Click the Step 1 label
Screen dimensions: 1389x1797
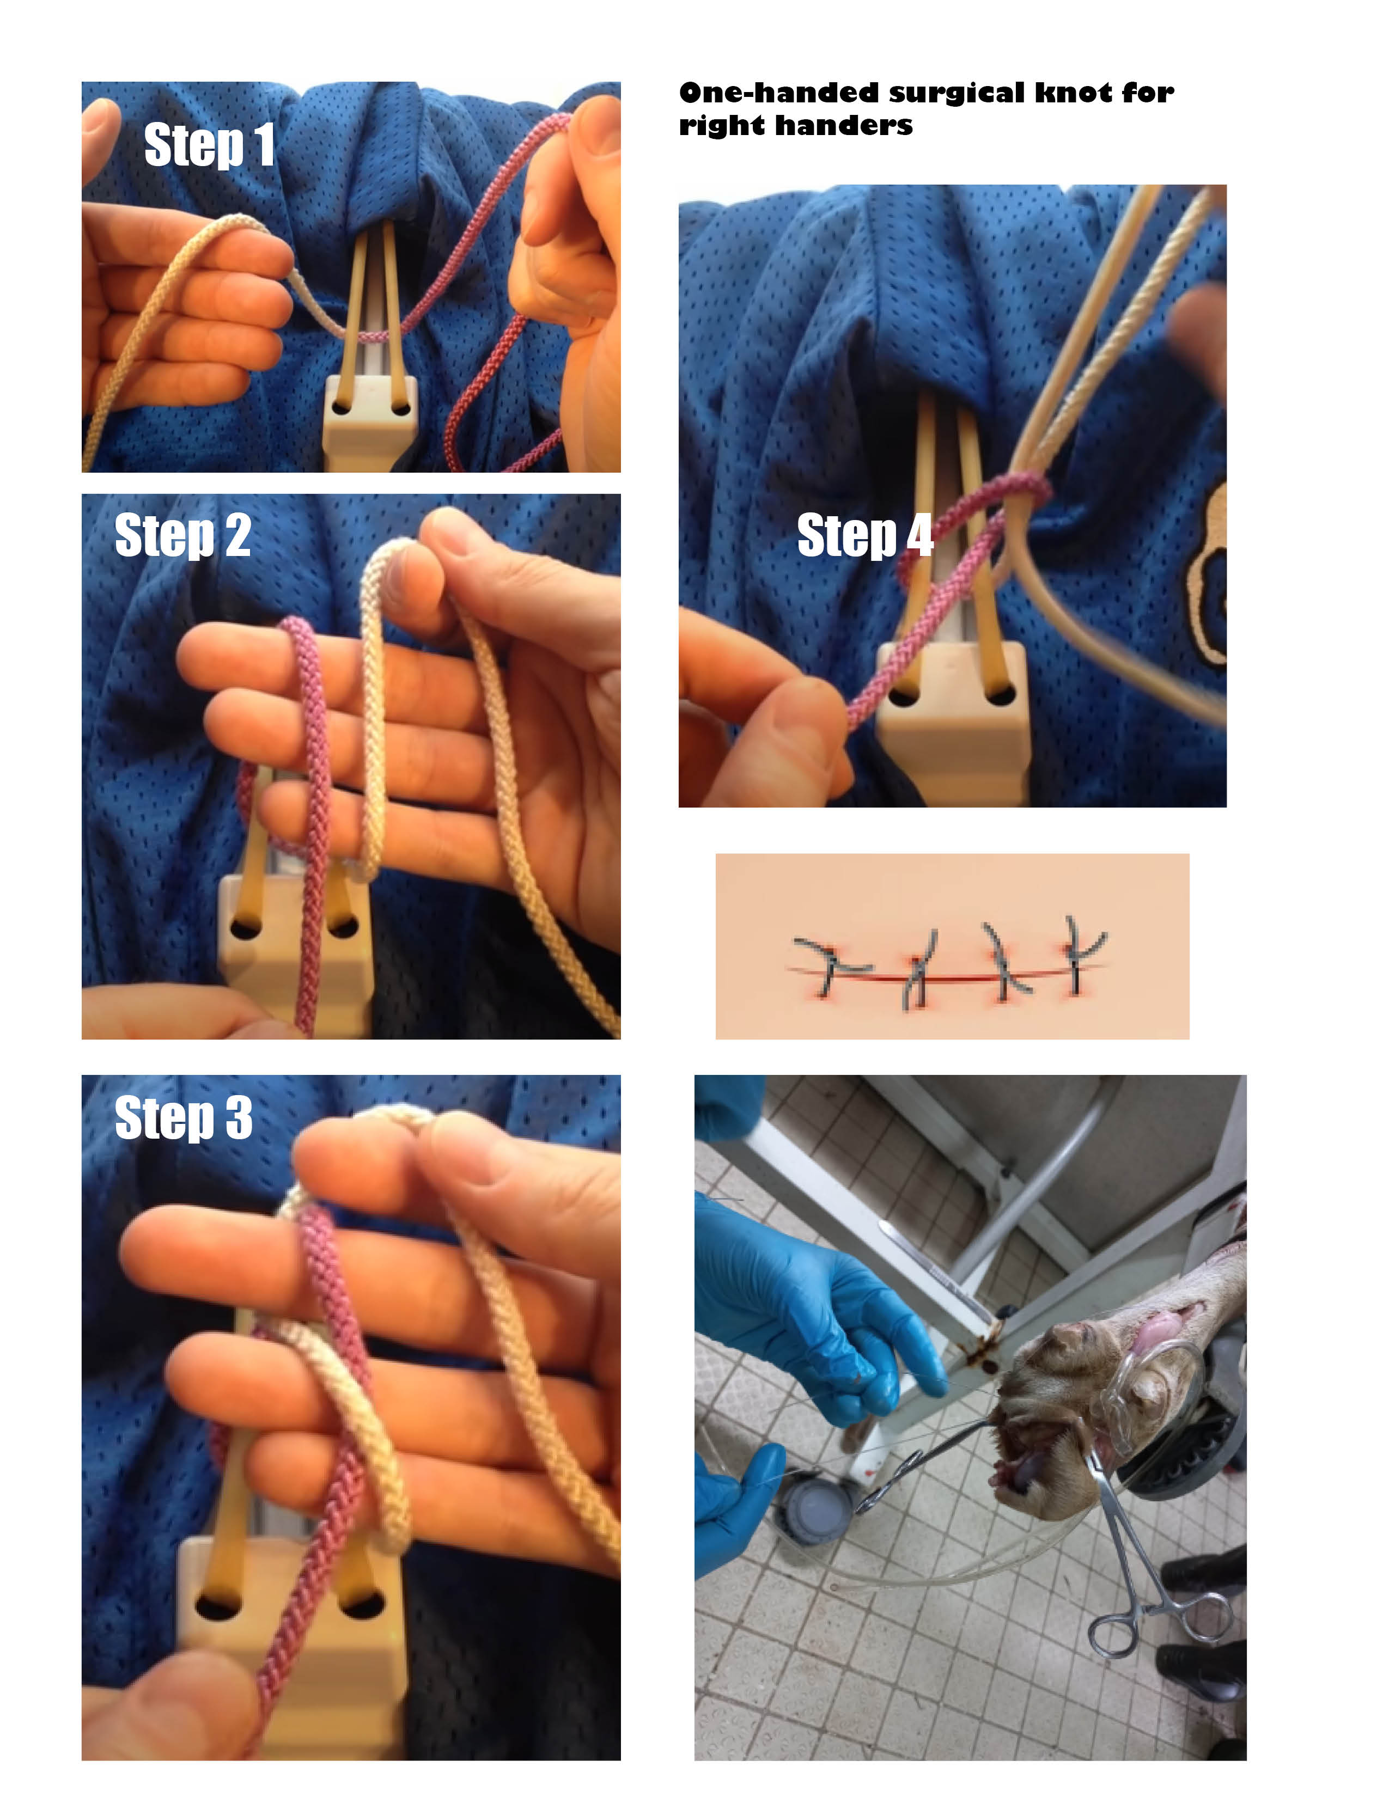coord(209,145)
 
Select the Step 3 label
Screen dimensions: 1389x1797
coord(182,1117)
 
